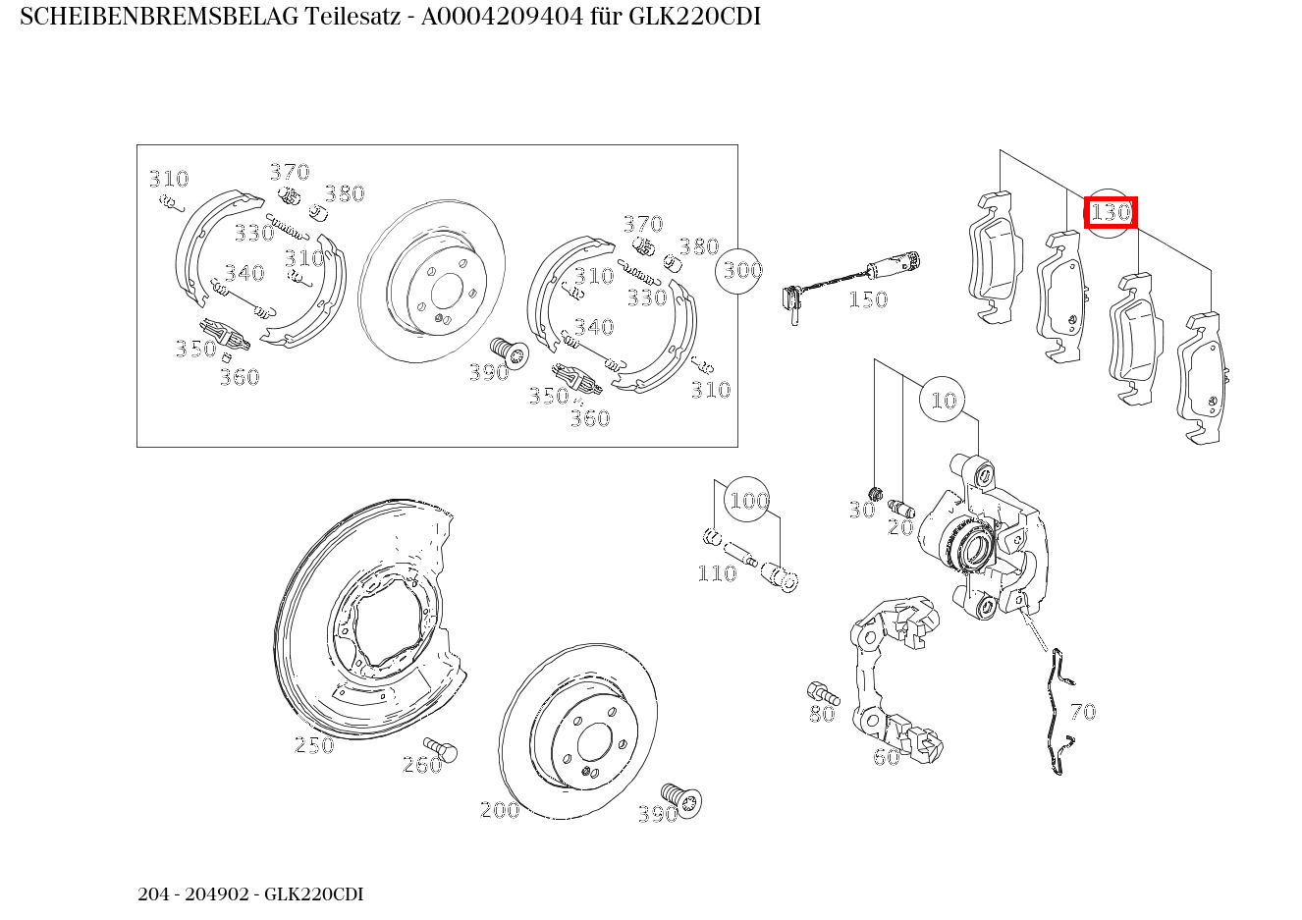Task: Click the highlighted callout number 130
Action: click(1111, 212)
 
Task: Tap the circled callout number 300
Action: click(742, 269)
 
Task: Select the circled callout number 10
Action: click(943, 400)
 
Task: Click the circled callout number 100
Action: click(748, 501)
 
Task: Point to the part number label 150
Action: click(868, 299)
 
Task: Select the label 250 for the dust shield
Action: click(314, 745)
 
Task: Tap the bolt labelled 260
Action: click(443, 751)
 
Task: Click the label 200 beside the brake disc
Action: click(499, 810)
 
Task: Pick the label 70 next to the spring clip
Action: click(1082, 712)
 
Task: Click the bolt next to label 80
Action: click(818, 691)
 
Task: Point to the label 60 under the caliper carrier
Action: click(886, 757)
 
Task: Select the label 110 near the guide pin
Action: click(716, 573)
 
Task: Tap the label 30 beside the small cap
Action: click(861, 510)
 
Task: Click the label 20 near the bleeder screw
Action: click(900, 527)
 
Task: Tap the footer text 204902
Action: click(222, 894)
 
